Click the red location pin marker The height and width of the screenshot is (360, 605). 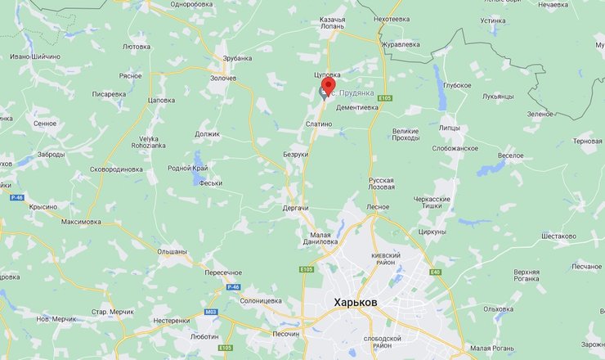pos(329,87)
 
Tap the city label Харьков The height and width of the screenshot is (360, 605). pos(356,302)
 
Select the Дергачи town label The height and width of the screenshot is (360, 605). pos(295,209)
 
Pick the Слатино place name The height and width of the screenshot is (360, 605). pos(318,124)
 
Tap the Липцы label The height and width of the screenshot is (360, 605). pos(449,128)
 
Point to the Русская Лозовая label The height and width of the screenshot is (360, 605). pos(381,183)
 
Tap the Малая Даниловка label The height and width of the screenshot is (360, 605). pos(319,236)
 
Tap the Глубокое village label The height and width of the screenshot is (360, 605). pos(457,85)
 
